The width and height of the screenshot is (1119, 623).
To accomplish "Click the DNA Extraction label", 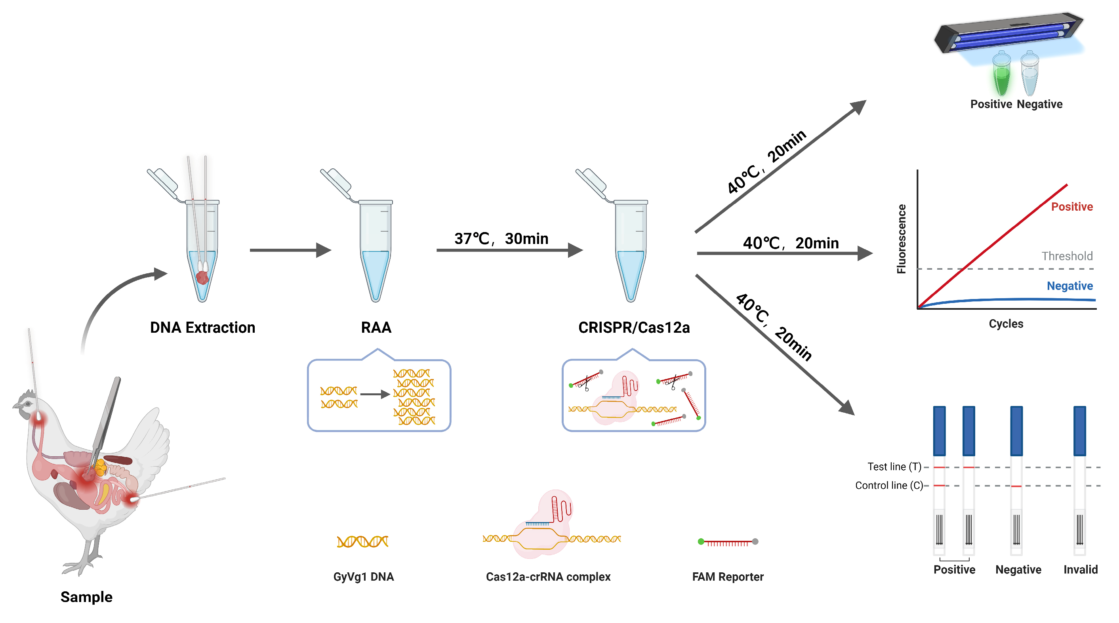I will (x=202, y=328).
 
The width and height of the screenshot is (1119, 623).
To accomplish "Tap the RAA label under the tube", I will (x=376, y=328).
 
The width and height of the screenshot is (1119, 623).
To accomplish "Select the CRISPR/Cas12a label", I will (x=634, y=328).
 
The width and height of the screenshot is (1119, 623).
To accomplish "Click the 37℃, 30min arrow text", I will (x=501, y=238).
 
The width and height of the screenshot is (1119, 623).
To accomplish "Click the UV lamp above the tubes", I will (x=1008, y=32).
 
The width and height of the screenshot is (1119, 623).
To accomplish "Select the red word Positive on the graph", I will (x=1071, y=207).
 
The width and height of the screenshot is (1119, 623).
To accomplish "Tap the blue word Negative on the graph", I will (x=1069, y=286).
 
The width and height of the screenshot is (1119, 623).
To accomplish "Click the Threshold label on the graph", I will (x=1067, y=256).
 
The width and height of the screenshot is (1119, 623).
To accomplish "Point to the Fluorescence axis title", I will (x=902, y=239).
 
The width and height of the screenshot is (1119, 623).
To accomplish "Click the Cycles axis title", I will (x=1006, y=324).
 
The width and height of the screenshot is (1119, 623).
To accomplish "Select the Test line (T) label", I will (x=894, y=467).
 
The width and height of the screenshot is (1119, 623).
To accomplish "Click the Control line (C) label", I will (x=889, y=485).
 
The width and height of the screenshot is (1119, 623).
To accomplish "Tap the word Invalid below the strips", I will (x=1080, y=570).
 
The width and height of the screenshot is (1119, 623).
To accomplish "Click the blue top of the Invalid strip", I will (x=1079, y=430).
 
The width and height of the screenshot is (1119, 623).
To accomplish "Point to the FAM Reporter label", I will (x=728, y=577).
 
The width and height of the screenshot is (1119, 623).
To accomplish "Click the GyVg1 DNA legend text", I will (x=364, y=577).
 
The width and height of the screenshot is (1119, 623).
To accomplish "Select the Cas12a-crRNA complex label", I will (x=548, y=577).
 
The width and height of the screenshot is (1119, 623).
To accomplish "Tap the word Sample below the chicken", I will (x=86, y=597).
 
